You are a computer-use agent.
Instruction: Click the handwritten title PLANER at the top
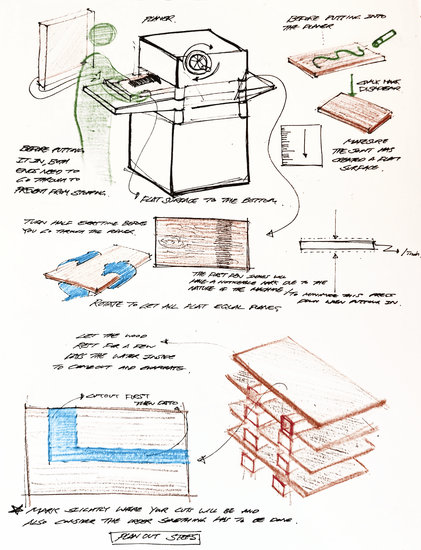pos(158,19)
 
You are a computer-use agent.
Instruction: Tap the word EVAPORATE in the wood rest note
pos(161,368)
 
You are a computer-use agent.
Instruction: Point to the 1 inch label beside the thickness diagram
pos(410,253)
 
